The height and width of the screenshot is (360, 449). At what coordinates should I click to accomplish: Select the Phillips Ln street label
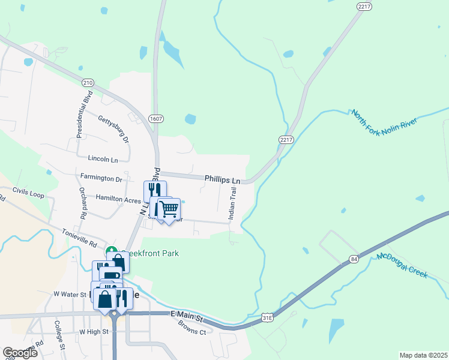(x=222, y=179)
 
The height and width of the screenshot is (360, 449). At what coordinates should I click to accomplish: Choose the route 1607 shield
(x=156, y=119)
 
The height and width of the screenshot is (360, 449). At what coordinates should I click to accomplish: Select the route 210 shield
(x=88, y=83)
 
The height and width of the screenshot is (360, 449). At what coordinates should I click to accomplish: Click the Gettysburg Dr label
(x=114, y=128)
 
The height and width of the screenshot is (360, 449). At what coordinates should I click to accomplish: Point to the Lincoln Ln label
(x=103, y=159)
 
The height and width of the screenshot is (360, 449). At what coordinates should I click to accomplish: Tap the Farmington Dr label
(x=101, y=178)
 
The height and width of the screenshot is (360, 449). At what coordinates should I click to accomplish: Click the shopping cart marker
(x=169, y=209)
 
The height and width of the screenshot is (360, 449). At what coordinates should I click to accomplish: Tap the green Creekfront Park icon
(x=111, y=251)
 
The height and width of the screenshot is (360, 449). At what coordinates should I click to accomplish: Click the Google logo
(x=20, y=353)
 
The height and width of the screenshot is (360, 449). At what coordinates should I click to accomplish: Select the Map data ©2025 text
(x=423, y=355)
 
